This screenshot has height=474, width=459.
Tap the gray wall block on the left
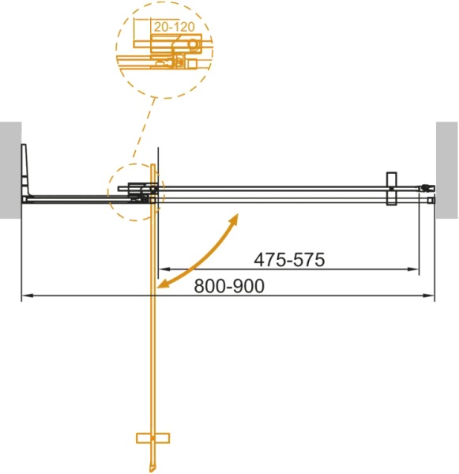pyautogui.click(x=10, y=169)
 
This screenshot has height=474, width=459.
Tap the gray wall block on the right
pyautogui.click(x=446, y=169)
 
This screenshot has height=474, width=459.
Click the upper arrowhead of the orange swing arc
pyautogui.click(x=235, y=216)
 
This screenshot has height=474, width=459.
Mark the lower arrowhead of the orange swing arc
pyautogui.click(x=163, y=285)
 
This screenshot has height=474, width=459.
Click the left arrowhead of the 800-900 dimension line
pyautogui.click(x=24, y=296)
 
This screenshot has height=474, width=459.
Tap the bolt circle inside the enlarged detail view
pyautogui.click(x=190, y=61)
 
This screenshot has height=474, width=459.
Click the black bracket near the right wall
pyautogui.click(x=389, y=190)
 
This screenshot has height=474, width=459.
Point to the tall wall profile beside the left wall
pyautogui.click(x=26, y=170)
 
